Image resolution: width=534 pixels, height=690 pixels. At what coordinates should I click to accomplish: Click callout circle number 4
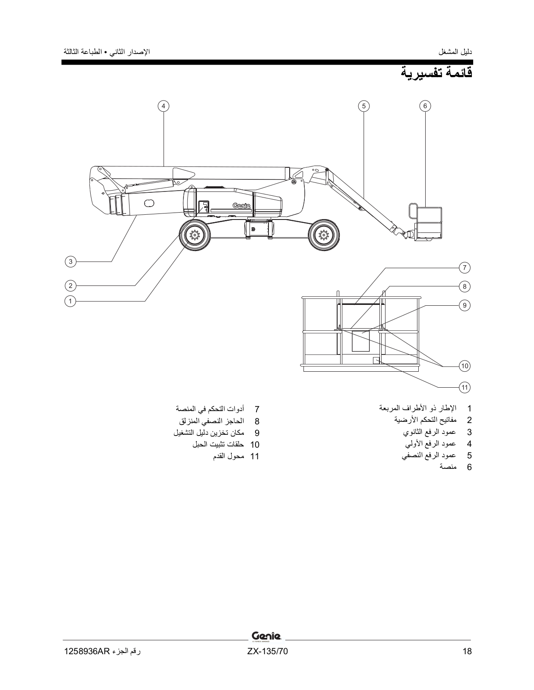coord(163,106)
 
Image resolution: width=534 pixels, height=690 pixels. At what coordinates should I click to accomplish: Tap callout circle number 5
coord(363,106)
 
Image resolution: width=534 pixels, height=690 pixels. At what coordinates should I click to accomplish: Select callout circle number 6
coord(425,106)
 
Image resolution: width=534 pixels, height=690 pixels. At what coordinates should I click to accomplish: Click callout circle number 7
coord(464,267)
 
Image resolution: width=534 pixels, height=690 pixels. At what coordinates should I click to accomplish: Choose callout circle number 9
coord(464,305)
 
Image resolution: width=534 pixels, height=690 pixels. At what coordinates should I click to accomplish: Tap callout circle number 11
coord(464,387)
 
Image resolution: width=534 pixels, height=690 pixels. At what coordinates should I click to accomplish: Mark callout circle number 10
coord(464,366)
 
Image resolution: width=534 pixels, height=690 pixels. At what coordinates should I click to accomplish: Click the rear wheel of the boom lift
coord(322,235)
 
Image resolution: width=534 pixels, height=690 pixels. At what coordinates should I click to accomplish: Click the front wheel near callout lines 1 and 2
coord(195,235)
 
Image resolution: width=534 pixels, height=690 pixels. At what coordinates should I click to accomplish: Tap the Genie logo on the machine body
coord(241,206)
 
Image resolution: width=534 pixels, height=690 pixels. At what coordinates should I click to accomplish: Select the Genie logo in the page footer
coord(266,636)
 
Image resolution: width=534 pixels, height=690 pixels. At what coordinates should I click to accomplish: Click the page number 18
coord(467,652)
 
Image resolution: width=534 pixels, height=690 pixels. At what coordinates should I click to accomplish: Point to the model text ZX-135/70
coord(267,652)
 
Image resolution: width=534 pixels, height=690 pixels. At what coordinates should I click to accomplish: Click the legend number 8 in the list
coord(257,421)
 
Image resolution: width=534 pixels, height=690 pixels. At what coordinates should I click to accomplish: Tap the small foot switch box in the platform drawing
coord(376,361)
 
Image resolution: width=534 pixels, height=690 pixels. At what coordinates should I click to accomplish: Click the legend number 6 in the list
coord(469,467)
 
